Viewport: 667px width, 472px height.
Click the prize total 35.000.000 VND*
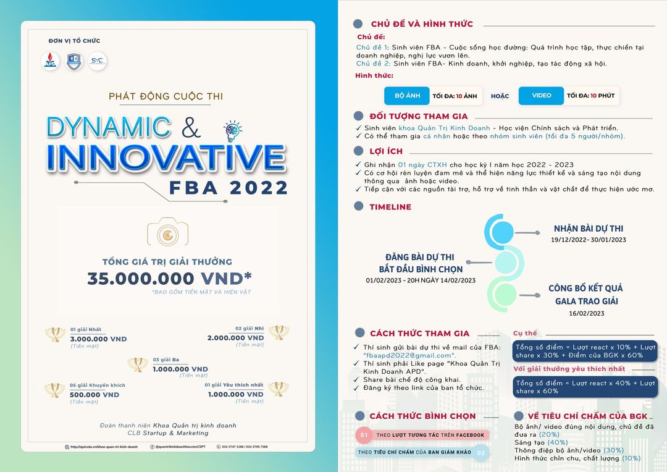pos(169,279)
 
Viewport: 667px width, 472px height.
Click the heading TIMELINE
pos(390,207)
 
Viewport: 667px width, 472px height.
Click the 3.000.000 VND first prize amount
pos(98,339)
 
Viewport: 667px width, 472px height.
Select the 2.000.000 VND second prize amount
pos(235,338)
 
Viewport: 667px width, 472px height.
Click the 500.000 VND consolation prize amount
pos(94,395)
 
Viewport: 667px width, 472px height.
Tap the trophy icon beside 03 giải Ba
pos(137,365)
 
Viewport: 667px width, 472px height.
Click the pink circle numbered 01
pos(364,436)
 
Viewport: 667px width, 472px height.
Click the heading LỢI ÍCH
pos(386,151)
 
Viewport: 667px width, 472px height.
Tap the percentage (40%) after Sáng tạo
pos(558,442)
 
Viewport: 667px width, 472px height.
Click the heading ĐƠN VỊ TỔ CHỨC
pos(74,41)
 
